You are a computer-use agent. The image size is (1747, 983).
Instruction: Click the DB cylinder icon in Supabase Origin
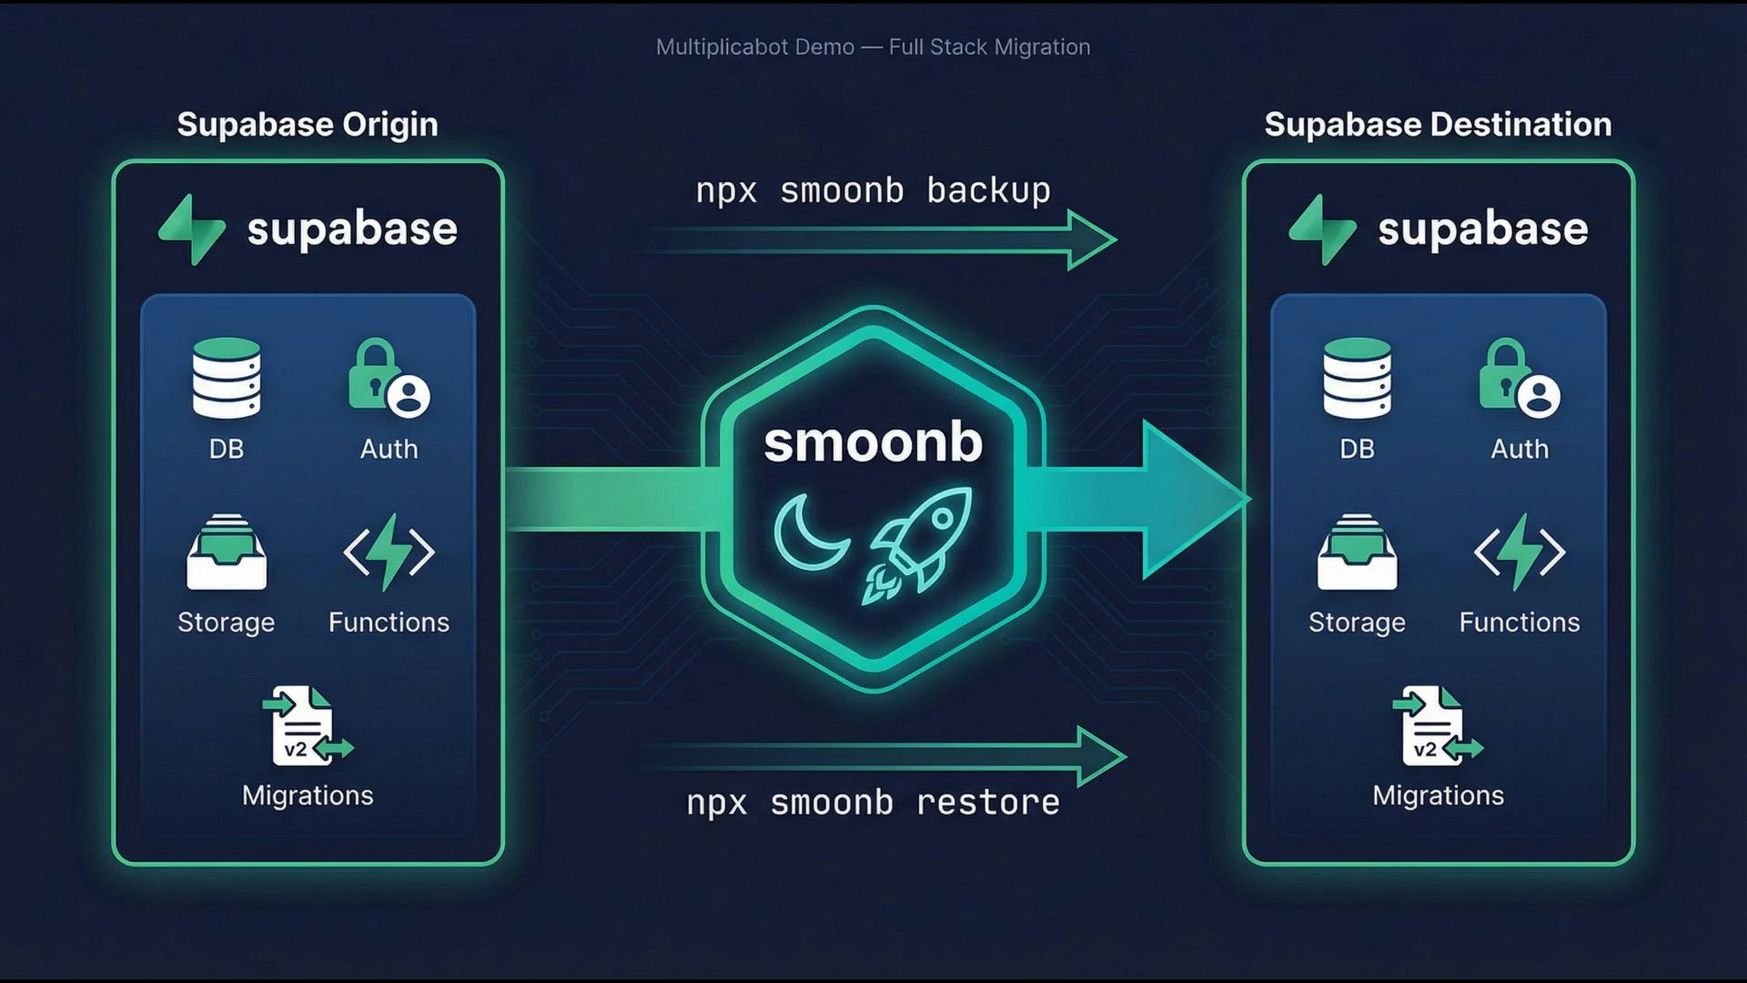(227, 378)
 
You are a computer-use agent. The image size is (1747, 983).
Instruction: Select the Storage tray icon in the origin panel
(227, 552)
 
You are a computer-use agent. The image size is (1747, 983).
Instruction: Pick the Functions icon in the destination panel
(1520, 552)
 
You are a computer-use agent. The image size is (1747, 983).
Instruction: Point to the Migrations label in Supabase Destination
(1438, 796)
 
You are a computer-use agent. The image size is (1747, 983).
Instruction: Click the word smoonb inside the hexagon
(873, 442)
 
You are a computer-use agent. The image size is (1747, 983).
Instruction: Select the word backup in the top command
(988, 191)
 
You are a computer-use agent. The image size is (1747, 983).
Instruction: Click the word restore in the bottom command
(987, 803)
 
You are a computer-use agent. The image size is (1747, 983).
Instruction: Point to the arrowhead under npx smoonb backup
(1091, 240)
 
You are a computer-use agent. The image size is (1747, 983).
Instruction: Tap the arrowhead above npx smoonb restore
(1101, 756)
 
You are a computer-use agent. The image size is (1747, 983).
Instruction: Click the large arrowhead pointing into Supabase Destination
(1192, 500)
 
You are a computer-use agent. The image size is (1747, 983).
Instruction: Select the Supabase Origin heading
(308, 125)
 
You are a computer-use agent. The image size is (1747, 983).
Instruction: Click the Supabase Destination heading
(1438, 125)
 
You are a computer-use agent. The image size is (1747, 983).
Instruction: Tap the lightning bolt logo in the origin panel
(192, 229)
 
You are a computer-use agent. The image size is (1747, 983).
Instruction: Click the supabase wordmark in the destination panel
(1482, 229)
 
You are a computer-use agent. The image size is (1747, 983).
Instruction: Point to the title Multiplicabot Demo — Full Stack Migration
(873, 47)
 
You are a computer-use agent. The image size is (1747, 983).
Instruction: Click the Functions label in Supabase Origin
(389, 623)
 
